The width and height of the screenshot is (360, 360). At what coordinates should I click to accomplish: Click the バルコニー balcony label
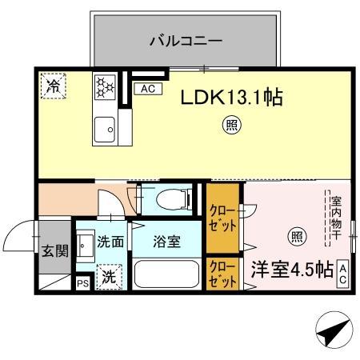pyautogui.click(x=186, y=38)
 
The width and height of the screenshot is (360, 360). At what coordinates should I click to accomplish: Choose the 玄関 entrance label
pyautogui.click(x=55, y=250)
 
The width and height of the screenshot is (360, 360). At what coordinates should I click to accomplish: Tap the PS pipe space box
pyautogui.click(x=82, y=282)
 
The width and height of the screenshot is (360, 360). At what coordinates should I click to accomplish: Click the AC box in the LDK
pyautogui.click(x=148, y=89)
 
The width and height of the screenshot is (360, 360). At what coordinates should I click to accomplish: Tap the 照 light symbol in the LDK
pyautogui.click(x=229, y=126)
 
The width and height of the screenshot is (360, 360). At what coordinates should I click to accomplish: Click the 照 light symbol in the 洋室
pyautogui.click(x=296, y=236)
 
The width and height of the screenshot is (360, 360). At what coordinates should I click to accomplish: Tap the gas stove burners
pyautogui.click(x=105, y=86)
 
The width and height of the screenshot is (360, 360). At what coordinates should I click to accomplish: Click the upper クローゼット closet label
pyautogui.click(x=222, y=218)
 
